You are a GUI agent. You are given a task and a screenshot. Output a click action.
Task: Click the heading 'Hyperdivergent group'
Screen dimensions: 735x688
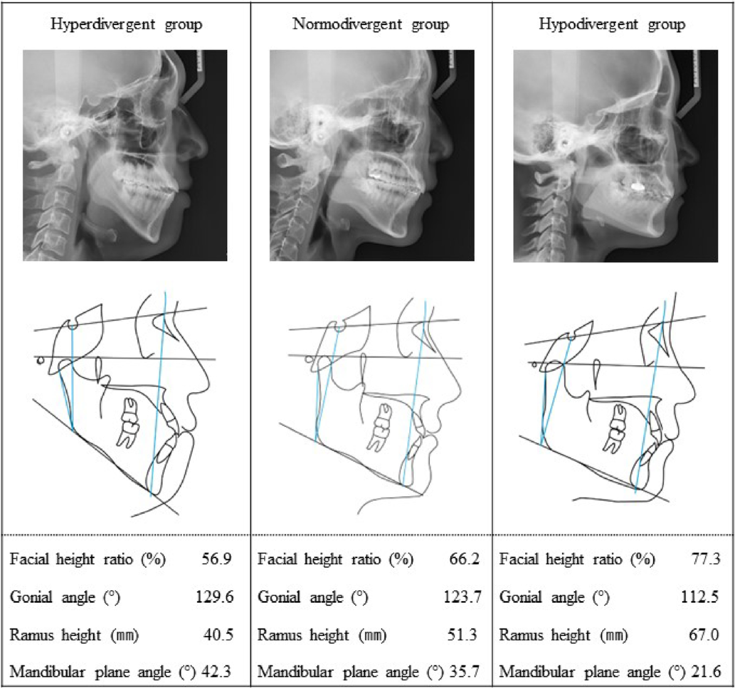(x=127, y=25)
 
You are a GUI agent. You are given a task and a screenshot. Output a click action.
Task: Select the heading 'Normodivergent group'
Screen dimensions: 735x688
(x=371, y=25)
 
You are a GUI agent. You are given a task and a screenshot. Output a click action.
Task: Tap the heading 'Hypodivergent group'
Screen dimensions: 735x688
(x=612, y=25)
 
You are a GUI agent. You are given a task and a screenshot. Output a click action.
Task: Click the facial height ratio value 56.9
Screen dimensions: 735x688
(x=217, y=559)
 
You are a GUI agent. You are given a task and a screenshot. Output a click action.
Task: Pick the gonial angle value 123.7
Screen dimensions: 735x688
(x=462, y=597)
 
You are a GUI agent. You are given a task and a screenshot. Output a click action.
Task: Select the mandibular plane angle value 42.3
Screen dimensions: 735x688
(x=216, y=671)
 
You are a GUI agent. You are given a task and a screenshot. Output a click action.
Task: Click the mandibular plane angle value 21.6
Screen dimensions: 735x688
(x=706, y=671)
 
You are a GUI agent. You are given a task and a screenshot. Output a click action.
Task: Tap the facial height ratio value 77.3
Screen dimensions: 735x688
(x=706, y=559)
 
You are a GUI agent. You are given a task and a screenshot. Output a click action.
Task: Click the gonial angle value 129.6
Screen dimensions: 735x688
(x=214, y=597)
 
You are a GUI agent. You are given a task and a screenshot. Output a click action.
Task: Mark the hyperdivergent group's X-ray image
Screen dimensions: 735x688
(x=125, y=156)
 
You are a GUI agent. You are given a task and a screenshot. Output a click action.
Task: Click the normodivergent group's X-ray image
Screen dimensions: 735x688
(x=372, y=156)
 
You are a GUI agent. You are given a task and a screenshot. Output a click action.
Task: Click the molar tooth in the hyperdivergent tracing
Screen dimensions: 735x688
(x=129, y=422)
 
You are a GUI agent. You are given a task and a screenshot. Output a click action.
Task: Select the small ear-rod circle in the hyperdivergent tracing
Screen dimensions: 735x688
(x=40, y=360)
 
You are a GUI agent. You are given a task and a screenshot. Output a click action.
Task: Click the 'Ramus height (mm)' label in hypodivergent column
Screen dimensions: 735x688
(x=563, y=635)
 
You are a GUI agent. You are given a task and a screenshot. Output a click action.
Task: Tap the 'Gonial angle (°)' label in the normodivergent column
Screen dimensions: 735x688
(x=313, y=597)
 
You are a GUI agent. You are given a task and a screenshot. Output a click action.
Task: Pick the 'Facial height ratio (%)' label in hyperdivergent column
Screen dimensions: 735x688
(x=88, y=559)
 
